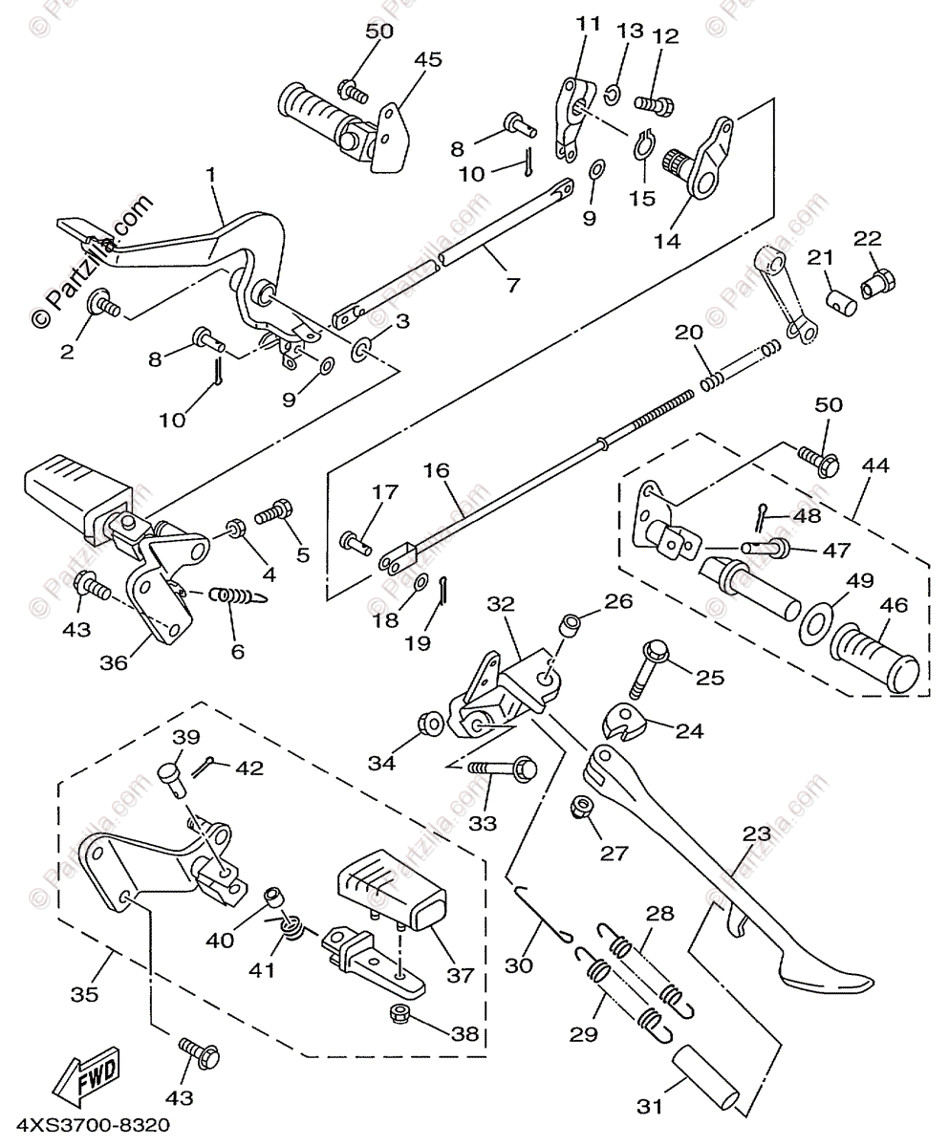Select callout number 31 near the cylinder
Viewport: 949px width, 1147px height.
pos(650,1108)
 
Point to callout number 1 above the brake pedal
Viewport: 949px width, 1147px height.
pos(210,176)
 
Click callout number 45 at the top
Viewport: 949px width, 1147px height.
pos(427,59)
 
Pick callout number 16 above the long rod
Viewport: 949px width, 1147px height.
pos(436,470)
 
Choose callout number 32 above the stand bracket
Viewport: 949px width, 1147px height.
pos(501,604)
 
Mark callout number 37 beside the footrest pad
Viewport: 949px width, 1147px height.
pos(461,975)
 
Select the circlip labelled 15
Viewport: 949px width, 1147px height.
pos(643,147)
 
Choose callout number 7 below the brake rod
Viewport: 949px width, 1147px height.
pos(513,285)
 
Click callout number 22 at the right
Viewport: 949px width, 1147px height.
pos(867,238)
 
